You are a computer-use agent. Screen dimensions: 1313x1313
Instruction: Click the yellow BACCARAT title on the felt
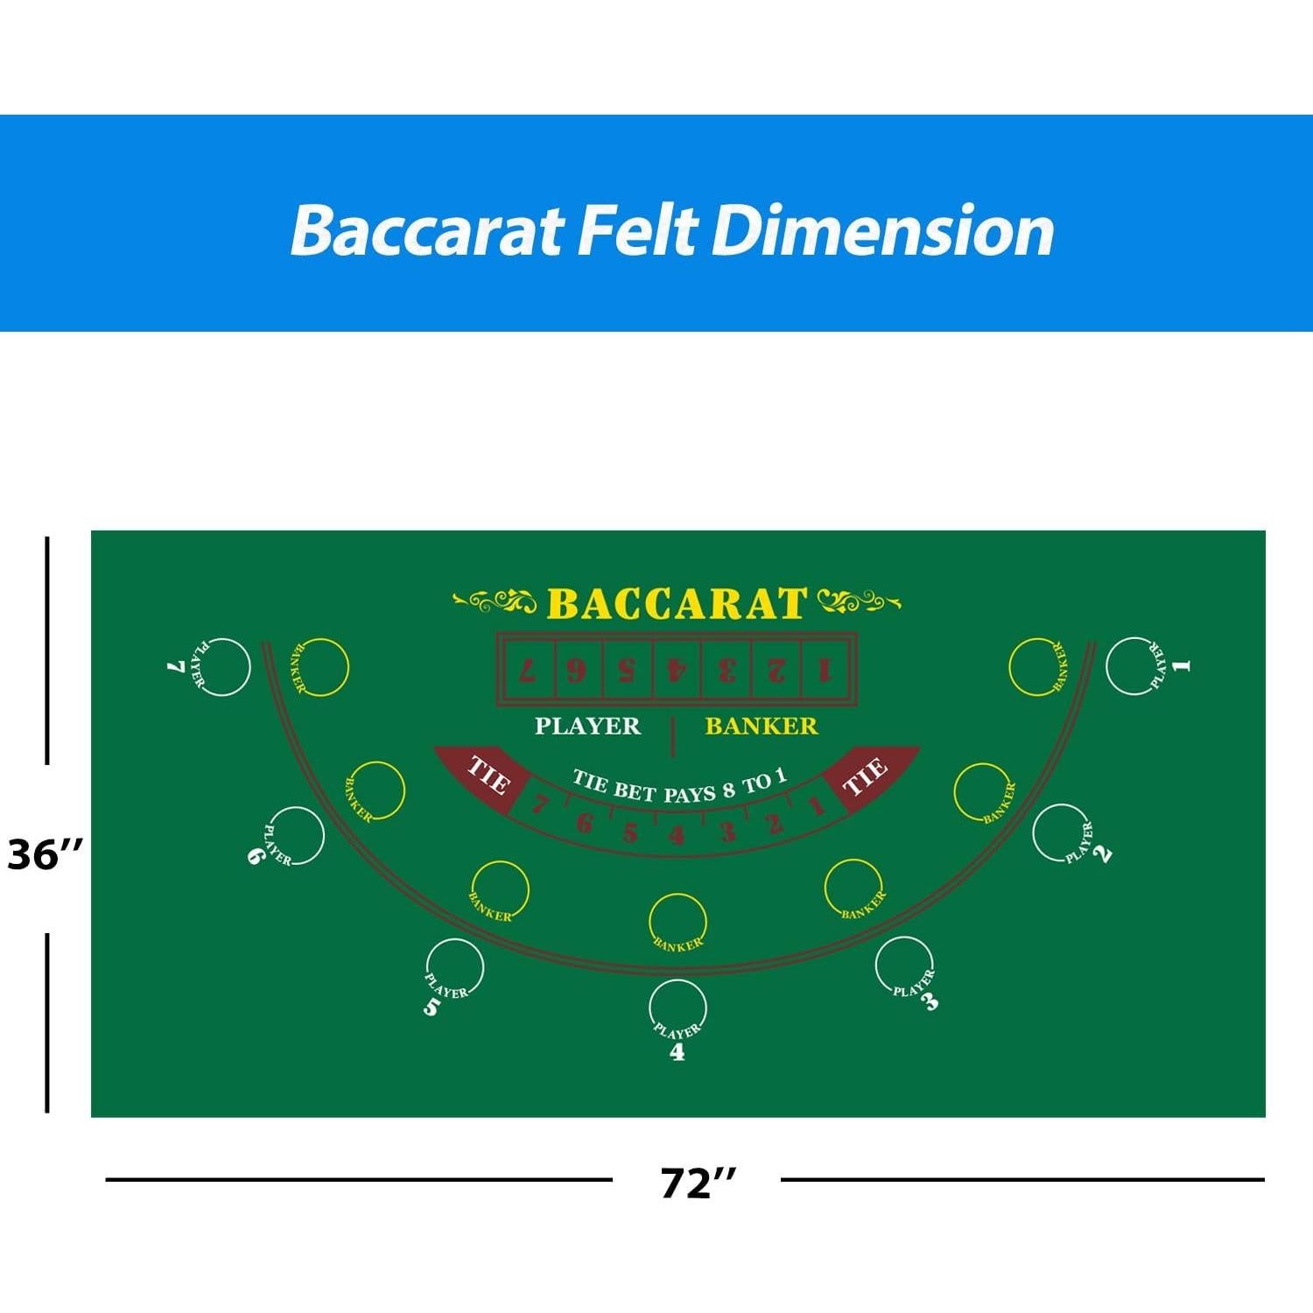[676, 604]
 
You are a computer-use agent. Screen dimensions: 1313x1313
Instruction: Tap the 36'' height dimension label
[46, 854]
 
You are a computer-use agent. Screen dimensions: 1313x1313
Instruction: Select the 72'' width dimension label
[698, 1183]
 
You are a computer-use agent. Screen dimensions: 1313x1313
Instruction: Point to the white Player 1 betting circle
[1135, 666]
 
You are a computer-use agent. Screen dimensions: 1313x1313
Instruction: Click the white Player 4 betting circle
[678, 1008]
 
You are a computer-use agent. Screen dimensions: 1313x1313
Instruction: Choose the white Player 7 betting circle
[221, 667]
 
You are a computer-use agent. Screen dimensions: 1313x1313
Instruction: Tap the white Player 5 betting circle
[454, 967]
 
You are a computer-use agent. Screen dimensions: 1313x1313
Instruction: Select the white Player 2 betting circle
[1061, 832]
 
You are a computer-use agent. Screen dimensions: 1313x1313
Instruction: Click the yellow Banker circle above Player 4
[678, 922]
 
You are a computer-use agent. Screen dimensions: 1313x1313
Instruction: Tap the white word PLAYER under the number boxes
[587, 726]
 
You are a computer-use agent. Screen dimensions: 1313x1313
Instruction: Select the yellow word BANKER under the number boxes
[761, 726]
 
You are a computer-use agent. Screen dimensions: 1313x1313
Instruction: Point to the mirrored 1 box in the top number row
[824, 671]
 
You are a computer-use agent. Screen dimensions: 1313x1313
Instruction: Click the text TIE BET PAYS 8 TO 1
[679, 786]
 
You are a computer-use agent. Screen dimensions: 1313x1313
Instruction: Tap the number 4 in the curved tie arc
[676, 835]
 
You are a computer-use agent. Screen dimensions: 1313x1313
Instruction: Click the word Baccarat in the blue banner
[427, 231]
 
